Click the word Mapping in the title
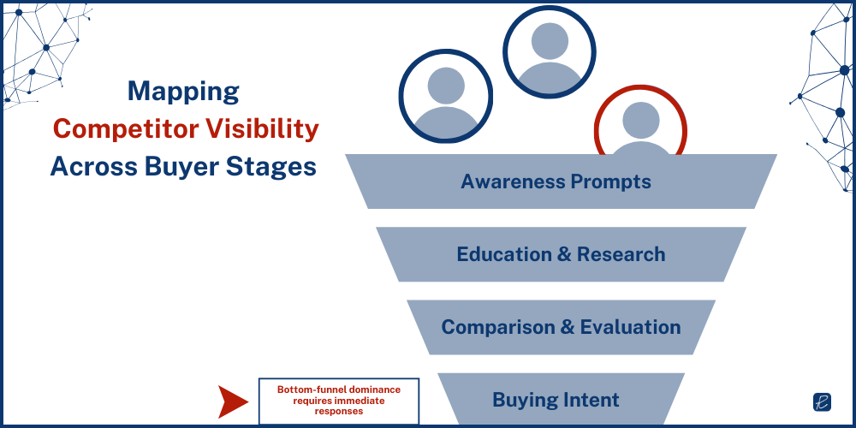pos(183,92)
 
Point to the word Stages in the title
pos(271,165)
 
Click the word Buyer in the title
pos(185,165)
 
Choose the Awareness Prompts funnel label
pos(556,181)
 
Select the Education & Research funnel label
pos(561,254)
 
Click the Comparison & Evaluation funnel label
pos(561,327)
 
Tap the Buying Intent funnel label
pos(556,400)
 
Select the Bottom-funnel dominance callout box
pos(338,400)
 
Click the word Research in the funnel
pos(621,254)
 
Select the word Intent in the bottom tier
pos(591,400)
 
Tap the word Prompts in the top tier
pos(612,181)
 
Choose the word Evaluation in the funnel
pos(630,327)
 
